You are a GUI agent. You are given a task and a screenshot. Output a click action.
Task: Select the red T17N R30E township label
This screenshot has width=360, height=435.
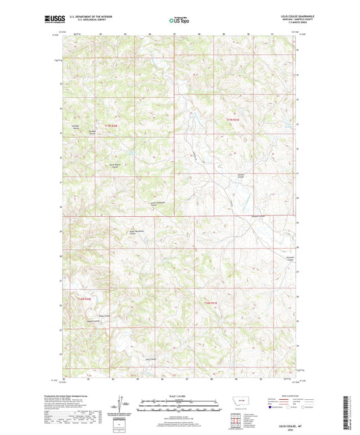point(111,125)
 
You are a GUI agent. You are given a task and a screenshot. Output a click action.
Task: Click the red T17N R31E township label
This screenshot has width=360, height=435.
point(233,120)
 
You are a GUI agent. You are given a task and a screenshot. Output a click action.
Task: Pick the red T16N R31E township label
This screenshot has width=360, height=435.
point(211,303)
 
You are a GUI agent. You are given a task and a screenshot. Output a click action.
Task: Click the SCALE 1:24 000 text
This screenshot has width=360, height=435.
point(180,395)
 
